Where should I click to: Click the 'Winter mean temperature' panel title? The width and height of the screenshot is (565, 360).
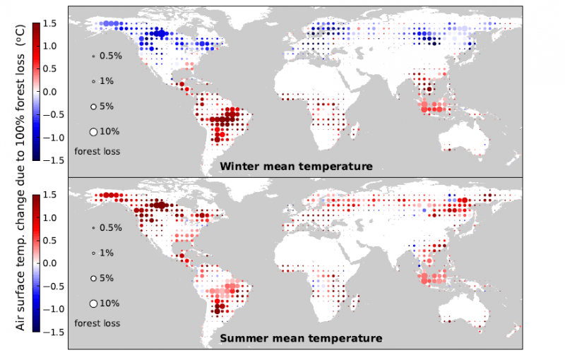[x=296, y=167]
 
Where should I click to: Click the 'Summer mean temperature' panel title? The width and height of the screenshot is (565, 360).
[x=302, y=338]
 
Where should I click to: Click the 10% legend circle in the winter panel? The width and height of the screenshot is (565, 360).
[x=93, y=131]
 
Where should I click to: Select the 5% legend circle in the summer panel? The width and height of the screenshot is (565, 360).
[x=93, y=278]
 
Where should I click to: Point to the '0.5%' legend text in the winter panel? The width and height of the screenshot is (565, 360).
[x=110, y=56]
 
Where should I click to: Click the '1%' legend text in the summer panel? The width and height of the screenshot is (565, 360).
[x=107, y=253]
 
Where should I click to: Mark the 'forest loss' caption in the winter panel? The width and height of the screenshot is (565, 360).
[x=97, y=151]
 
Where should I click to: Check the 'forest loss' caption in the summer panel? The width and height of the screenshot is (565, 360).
[x=97, y=323]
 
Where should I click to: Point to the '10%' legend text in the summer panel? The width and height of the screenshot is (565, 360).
[x=109, y=304]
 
